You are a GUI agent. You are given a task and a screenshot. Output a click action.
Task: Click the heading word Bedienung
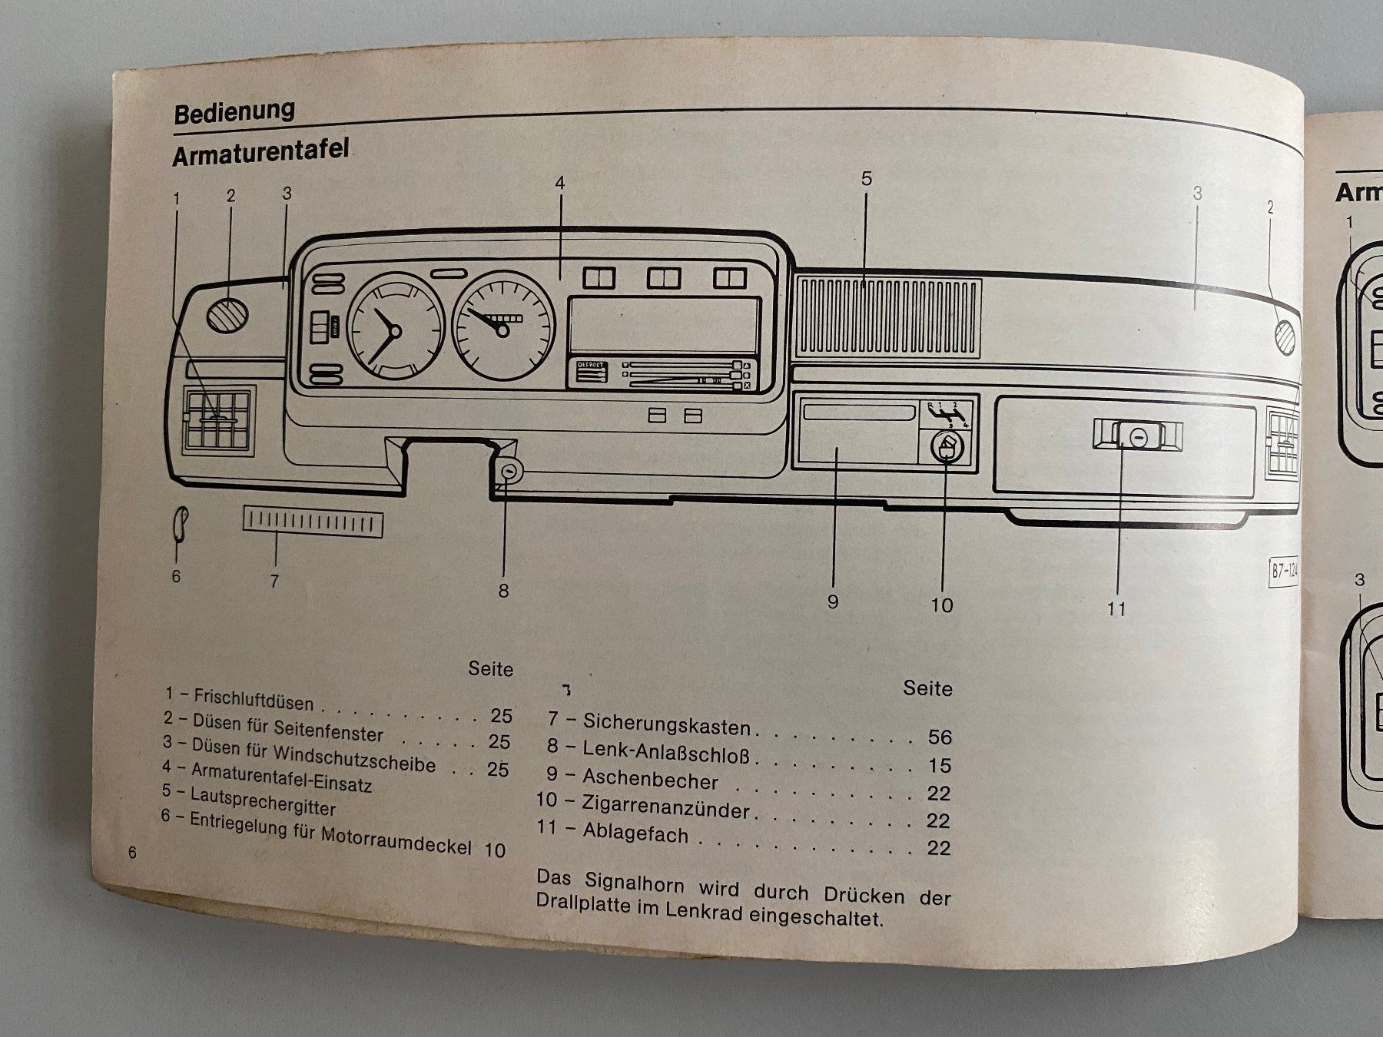point(234,112)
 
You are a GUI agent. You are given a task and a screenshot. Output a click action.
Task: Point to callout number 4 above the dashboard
point(560,184)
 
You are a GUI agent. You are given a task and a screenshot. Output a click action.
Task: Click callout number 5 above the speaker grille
point(866,179)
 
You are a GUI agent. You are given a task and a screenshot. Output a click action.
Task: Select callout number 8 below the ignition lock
point(503,591)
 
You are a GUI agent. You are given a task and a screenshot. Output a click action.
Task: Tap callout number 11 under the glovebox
point(1116,609)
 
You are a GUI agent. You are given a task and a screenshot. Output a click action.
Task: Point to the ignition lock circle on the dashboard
point(508,471)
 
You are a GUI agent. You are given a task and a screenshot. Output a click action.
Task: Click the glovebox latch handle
point(1138,436)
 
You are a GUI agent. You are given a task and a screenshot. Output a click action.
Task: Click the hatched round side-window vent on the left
point(227,313)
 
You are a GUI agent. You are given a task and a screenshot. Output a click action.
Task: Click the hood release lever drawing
point(180,524)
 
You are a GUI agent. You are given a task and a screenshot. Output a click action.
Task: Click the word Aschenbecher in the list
point(650,779)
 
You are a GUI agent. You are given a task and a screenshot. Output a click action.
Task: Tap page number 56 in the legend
point(939,737)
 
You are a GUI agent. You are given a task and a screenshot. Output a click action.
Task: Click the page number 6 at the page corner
point(132,853)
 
